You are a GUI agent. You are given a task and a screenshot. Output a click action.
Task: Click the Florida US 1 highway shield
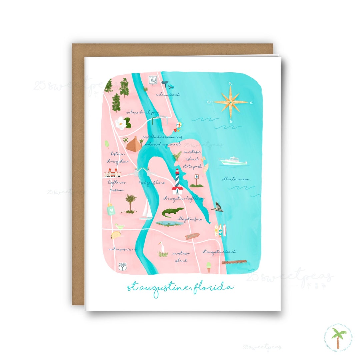(x=122, y=266)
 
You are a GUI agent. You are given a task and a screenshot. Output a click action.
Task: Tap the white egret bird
(x=162, y=249)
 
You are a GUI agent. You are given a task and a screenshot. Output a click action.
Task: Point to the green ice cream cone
(x=209, y=267)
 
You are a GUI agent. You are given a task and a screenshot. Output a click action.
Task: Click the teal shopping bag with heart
(x=111, y=210)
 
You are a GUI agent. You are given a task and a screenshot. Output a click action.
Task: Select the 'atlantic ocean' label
(x=236, y=179)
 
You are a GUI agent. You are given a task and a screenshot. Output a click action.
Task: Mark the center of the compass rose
(x=231, y=102)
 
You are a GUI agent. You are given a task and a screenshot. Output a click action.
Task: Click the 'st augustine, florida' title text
(x=180, y=287)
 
